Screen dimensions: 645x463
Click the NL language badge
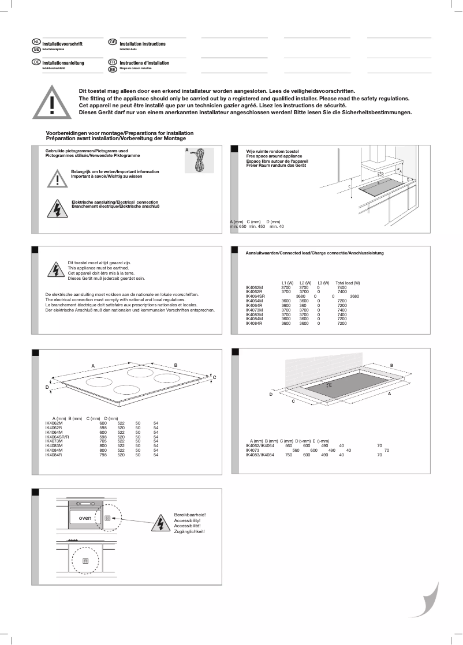point(36,43)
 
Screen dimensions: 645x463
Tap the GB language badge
point(113,43)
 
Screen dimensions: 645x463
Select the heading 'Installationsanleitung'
point(63,63)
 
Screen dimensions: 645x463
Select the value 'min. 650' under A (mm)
point(238,227)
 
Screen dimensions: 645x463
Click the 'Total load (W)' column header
point(348,283)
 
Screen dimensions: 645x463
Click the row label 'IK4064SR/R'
point(57,437)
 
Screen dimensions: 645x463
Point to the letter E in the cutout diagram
point(330,384)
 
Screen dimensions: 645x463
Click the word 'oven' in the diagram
point(78,517)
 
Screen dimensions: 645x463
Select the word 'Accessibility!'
point(188,520)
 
